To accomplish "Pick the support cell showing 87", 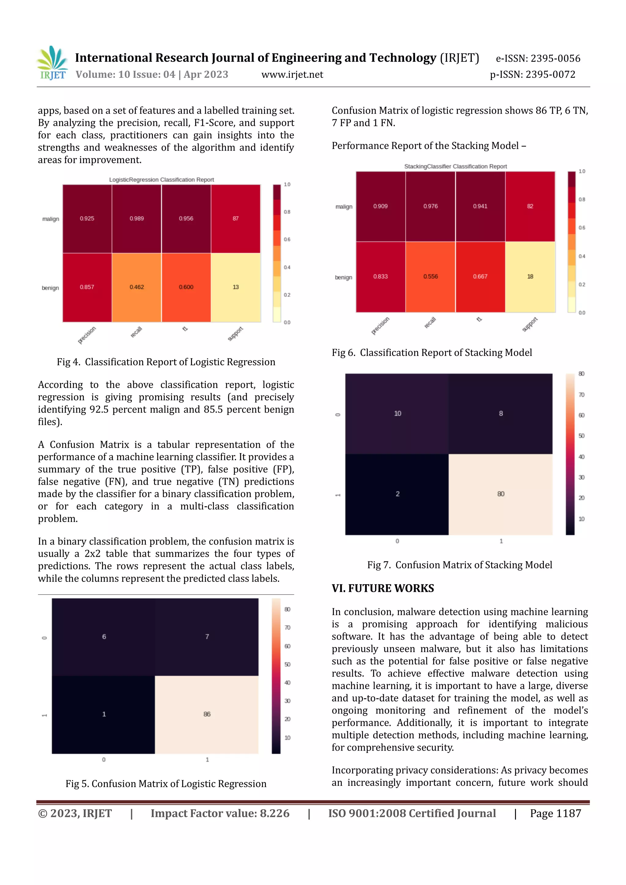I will click(x=236, y=218).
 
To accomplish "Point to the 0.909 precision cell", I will click(x=381, y=206).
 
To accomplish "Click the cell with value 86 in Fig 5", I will click(x=207, y=714).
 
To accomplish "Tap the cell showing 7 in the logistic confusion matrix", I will click(x=207, y=637).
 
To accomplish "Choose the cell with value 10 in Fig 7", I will click(x=397, y=413).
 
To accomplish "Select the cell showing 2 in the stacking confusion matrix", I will click(x=397, y=494).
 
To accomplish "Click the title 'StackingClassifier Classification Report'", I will click(x=455, y=167).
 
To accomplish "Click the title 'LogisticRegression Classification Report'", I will click(x=161, y=180).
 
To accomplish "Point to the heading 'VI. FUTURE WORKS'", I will click(x=383, y=588).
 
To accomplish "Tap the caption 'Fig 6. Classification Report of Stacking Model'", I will click(x=432, y=353).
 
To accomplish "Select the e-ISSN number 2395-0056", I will click(x=538, y=59).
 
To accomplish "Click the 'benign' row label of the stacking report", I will click(x=344, y=277).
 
